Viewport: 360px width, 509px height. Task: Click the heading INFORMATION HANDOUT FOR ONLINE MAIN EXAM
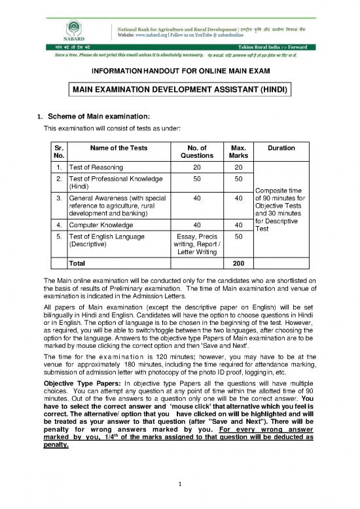179,71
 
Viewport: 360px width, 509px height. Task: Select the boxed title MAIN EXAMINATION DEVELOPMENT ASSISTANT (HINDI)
180,88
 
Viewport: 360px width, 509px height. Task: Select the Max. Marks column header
234,152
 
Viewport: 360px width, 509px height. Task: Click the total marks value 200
234,264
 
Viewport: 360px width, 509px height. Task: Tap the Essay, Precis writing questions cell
196,246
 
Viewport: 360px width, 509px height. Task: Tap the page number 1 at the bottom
179,483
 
